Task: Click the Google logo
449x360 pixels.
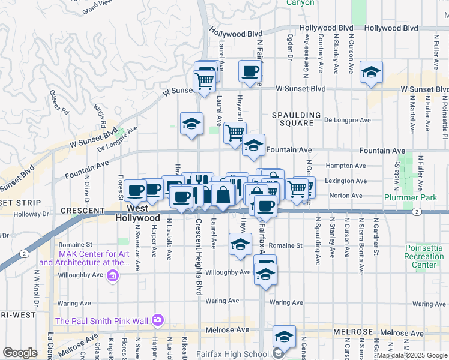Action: (20, 353)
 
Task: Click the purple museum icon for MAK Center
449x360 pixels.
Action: (112, 275)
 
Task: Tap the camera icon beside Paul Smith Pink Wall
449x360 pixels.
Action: (158, 320)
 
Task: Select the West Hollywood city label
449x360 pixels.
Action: (138, 213)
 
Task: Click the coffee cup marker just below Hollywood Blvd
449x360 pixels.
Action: (250, 71)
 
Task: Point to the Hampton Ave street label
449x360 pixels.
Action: (345, 166)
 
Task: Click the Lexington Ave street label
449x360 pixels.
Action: (345, 181)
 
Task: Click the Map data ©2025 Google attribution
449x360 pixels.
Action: (412, 355)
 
